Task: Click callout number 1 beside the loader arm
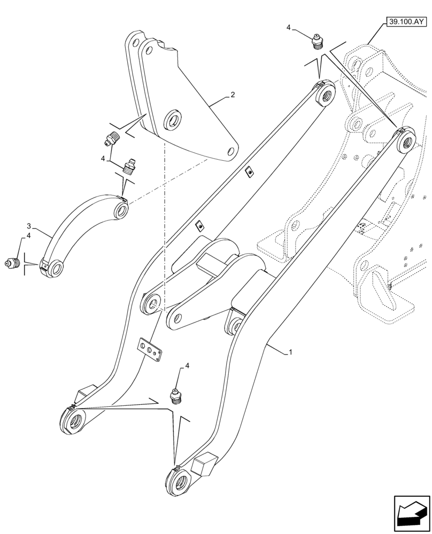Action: [x=290, y=352]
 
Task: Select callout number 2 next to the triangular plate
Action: [x=232, y=95]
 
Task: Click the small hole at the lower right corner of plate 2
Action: [x=230, y=152]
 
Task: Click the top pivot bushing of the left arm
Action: [x=325, y=95]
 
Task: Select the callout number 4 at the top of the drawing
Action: [x=289, y=26]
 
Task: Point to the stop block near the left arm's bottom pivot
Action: [x=83, y=395]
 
